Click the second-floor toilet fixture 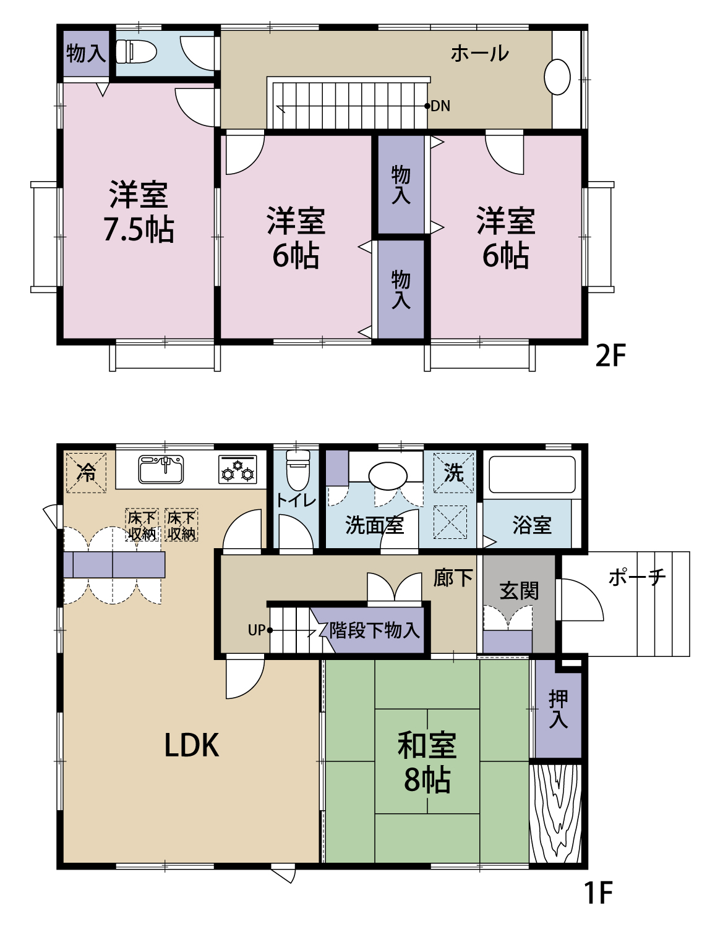click(x=136, y=52)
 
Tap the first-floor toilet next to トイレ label click(x=298, y=470)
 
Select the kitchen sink click(x=161, y=469)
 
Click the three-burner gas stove click(x=238, y=470)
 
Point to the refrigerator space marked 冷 click(x=86, y=473)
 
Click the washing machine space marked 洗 click(x=454, y=472)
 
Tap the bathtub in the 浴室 click(x=532, y=475)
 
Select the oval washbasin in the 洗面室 click(x=388, y=476)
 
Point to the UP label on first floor click(x=257, y=630)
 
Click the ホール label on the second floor click(x=480, y=54)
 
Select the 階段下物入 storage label click(x=374, y=630)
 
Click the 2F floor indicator click(x=610, y=356)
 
